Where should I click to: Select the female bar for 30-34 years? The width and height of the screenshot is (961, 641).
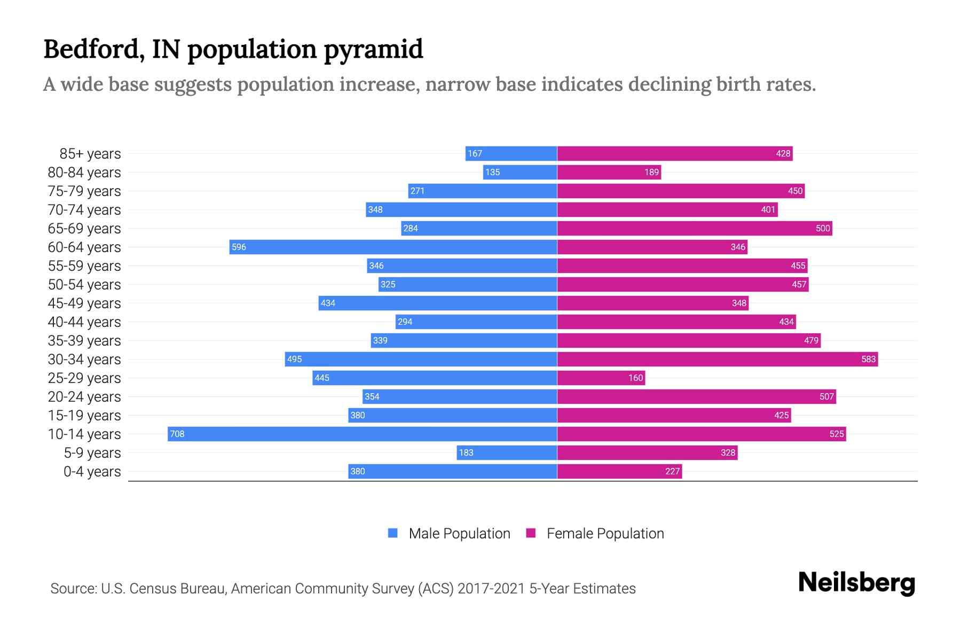717,359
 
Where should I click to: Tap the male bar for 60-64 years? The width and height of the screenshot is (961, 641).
393,247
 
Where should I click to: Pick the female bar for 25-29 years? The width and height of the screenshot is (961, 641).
601,378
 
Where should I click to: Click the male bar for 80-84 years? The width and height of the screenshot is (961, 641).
520,172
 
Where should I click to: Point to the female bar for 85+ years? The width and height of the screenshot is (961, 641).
674,153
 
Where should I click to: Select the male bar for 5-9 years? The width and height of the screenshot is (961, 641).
507,452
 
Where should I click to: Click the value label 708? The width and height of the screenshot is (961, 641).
177,434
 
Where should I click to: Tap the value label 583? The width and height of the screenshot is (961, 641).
868,359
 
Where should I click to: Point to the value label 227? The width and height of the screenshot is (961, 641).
672,472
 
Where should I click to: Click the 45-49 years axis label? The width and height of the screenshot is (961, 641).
84,303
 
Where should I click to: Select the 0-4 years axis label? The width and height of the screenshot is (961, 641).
92,472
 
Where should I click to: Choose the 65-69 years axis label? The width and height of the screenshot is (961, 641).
84,229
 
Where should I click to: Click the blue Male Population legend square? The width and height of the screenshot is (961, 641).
393,533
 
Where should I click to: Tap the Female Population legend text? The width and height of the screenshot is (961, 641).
605,534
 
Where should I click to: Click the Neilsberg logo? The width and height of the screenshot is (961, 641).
856,583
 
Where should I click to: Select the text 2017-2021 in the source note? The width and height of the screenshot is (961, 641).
491,589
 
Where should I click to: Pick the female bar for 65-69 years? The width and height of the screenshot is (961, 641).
694,228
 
